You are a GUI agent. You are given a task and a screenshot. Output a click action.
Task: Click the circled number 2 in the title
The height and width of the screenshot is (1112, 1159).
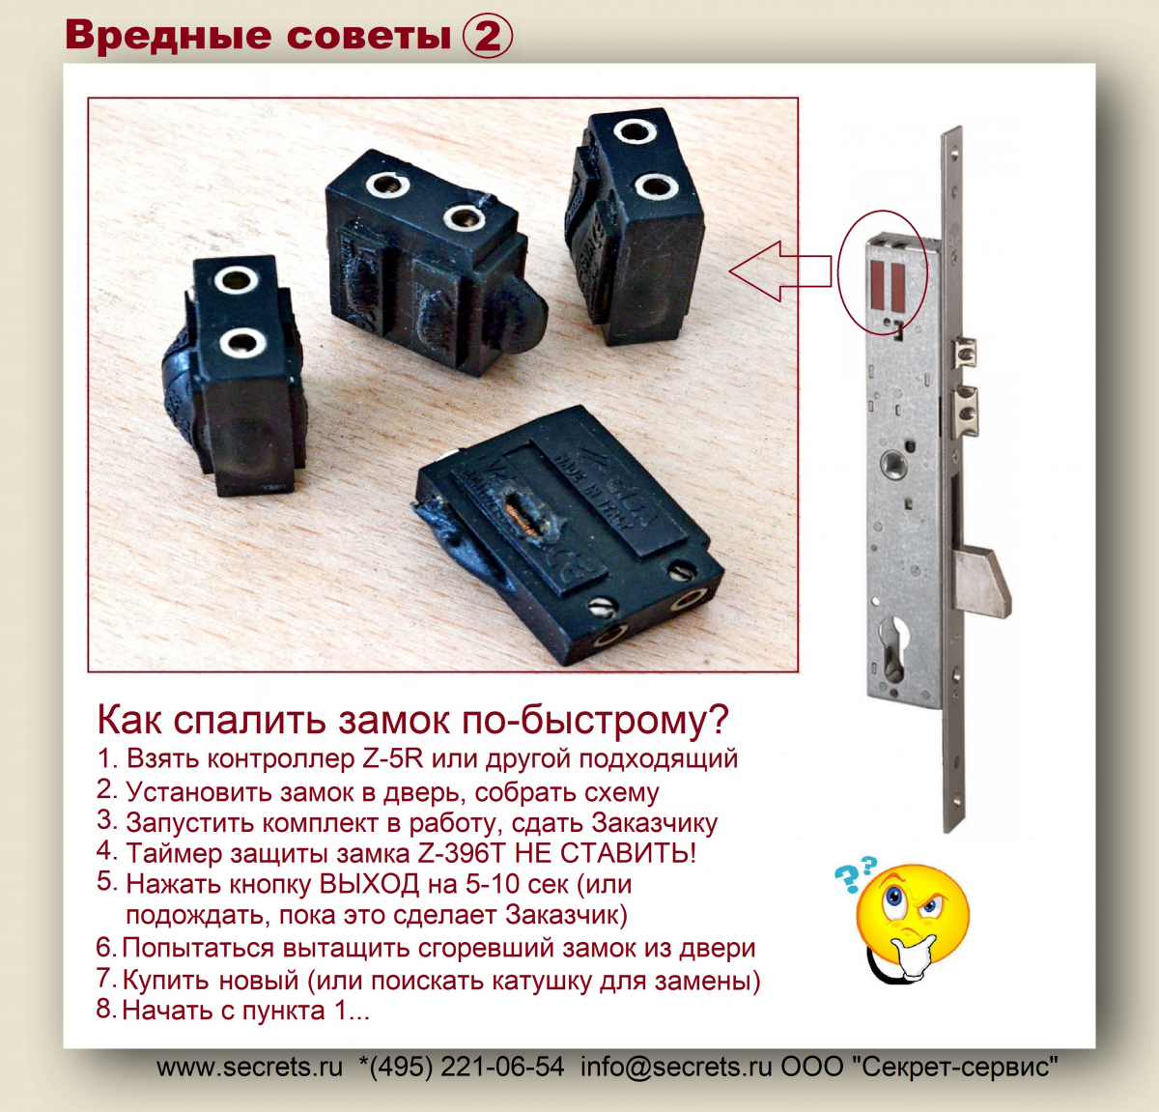[x=488, y=36]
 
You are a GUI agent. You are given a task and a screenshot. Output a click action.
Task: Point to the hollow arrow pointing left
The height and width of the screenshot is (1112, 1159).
[x=780, y=271]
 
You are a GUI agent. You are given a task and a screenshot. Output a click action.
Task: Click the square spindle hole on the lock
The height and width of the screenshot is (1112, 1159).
[x=892, y=462]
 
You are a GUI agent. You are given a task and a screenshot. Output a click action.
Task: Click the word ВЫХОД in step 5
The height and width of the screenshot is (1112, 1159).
[x=369, y=884]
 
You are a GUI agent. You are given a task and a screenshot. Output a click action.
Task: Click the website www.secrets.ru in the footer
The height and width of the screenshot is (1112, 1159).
[x=249, y=1067]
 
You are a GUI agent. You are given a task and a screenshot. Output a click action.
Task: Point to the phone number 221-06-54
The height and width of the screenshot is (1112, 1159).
[x=502, y=1067]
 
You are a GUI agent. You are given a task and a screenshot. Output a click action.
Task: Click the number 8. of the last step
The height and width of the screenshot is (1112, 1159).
[x=107, y=1009]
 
